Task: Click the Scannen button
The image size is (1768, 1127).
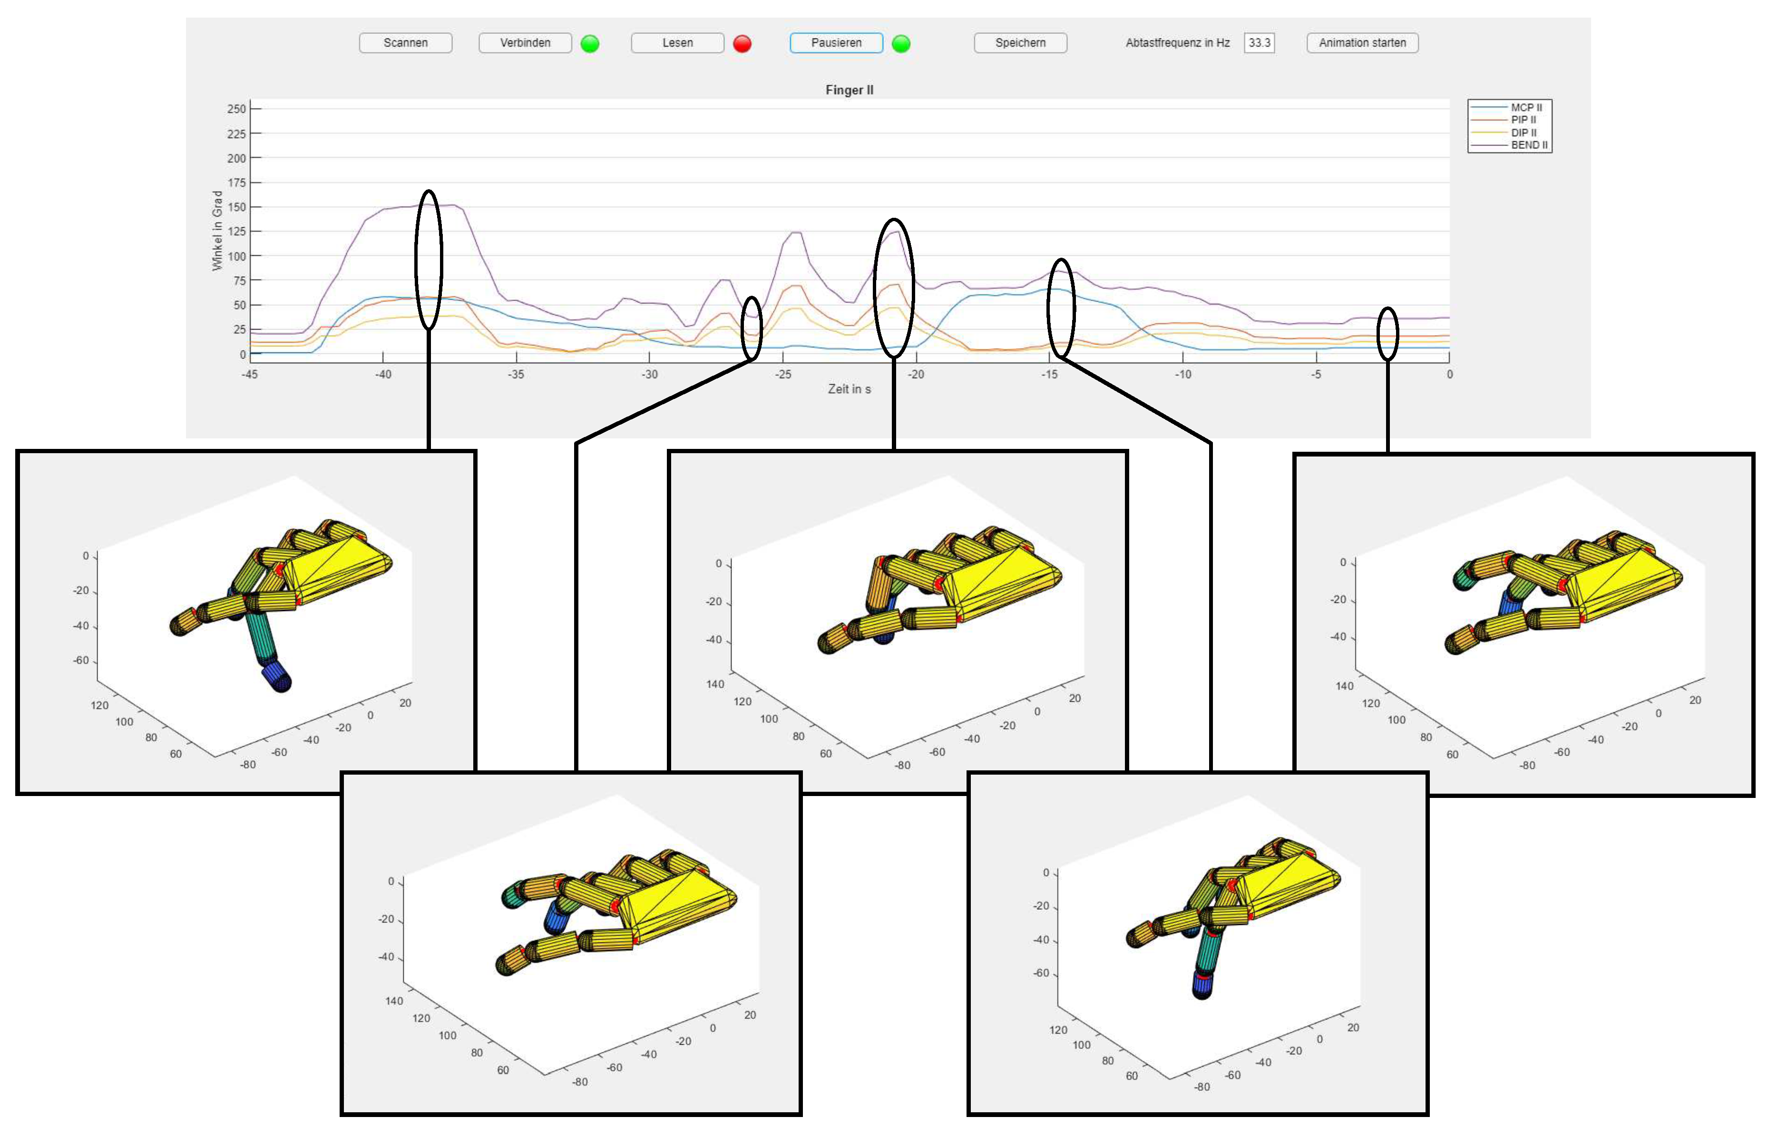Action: point(405,43)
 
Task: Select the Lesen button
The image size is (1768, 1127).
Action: point(677,43)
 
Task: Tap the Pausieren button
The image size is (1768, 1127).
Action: point(836,43)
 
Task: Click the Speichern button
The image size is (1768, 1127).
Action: point(1020,43)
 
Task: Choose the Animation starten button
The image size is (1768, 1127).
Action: point(1362,43)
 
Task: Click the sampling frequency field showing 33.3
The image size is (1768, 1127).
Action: point(1259,43)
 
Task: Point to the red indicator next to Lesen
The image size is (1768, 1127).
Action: point(742,44)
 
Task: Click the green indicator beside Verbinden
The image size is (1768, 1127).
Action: point(590,44)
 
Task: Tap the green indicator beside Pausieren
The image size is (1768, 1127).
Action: point(901,44)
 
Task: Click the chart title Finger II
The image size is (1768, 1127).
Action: point(850,89)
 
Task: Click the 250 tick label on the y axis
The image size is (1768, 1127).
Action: point(236,109)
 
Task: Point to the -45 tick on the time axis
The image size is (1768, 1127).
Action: point(250,374)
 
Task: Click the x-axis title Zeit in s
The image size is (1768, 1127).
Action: point(850,389)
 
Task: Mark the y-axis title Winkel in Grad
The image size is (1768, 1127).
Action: point(217,231)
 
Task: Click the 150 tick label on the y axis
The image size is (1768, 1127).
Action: point(236,207)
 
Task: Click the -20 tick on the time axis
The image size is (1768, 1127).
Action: point(916,374)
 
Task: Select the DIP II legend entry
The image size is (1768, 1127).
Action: point(1505,132)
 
